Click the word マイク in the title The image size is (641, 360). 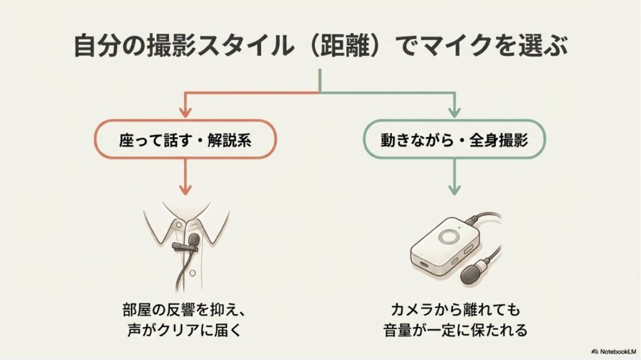[458, 48]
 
